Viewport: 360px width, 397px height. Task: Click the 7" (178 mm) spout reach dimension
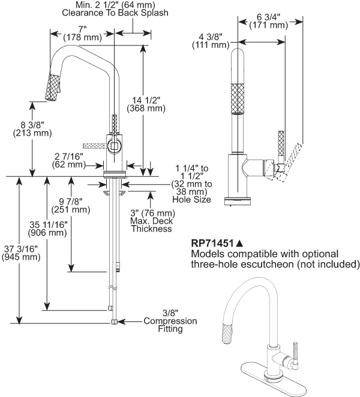point(83,34)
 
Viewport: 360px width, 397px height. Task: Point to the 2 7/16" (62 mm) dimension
point(68,160)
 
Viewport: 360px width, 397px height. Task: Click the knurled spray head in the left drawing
point(53,88)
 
